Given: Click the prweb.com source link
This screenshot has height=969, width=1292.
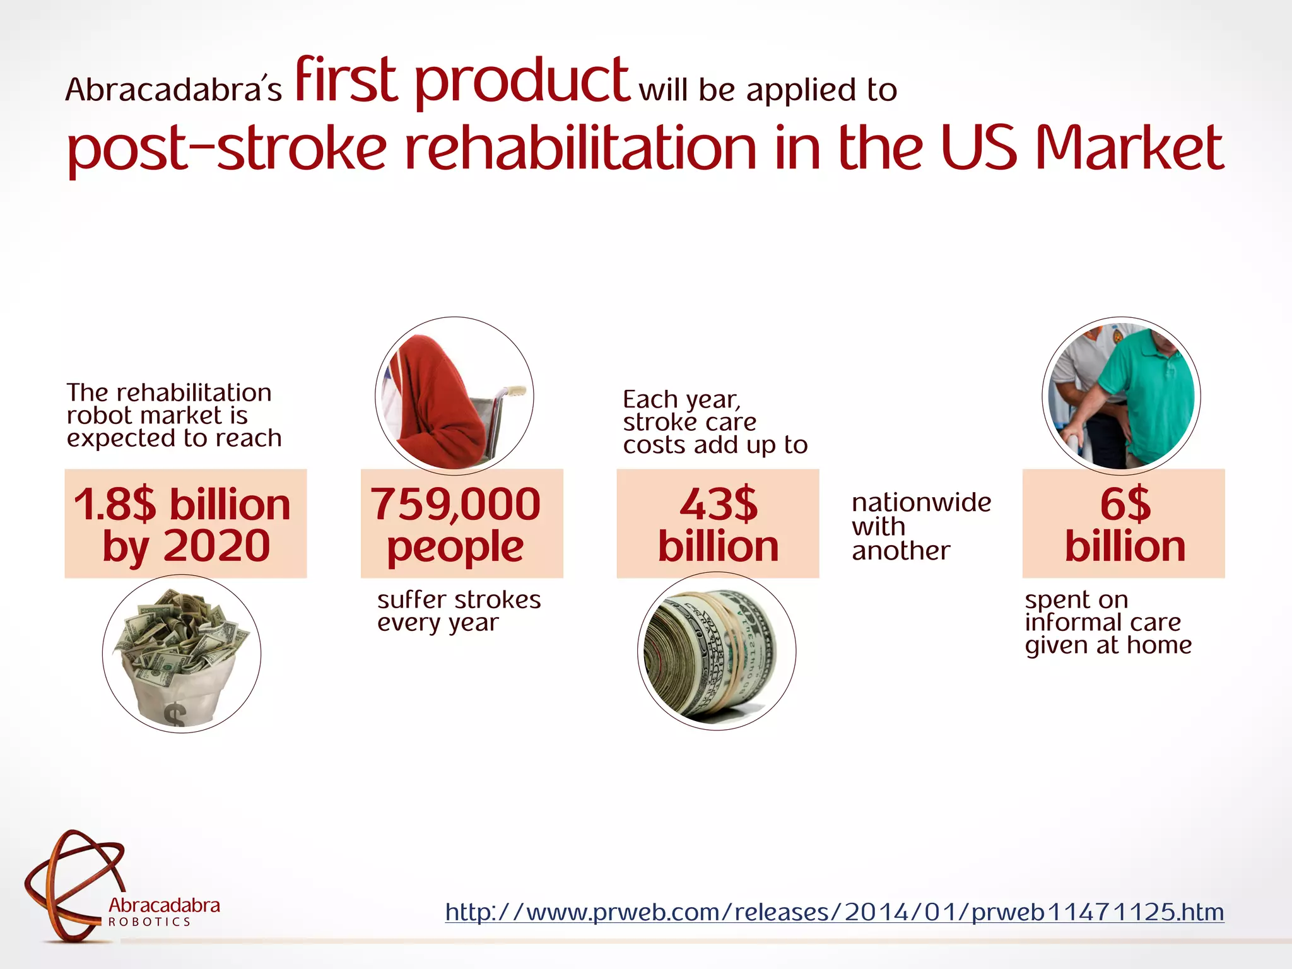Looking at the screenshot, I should pos(834,912).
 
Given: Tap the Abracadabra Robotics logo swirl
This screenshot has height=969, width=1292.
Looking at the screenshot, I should pos(74,883).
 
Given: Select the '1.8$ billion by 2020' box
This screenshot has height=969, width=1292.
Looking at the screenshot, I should pos(185,524).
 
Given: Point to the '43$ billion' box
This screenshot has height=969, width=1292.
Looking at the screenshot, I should pos(717,524).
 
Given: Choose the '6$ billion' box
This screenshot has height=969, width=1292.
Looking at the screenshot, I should pos(1124,524).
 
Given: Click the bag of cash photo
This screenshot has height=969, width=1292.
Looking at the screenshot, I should pos(182,654).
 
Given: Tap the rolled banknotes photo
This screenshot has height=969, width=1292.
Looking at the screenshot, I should pos(717,651).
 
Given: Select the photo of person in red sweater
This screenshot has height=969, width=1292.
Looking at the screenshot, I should pos(454,396).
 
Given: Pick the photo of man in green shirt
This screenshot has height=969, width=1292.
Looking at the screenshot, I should pos(1121,396).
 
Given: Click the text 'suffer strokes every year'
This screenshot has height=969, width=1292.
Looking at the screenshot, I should pos(459,611).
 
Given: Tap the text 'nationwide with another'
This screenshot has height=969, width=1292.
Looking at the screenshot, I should pos(921,526).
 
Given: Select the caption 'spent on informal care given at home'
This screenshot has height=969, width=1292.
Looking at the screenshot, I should pos(1108,622).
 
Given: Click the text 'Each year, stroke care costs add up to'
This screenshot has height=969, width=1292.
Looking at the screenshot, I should pos(715,422).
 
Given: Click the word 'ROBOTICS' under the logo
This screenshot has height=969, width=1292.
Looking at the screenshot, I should pos(150,922).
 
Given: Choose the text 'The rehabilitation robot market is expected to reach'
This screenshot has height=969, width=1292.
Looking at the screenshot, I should pos(174,415).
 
